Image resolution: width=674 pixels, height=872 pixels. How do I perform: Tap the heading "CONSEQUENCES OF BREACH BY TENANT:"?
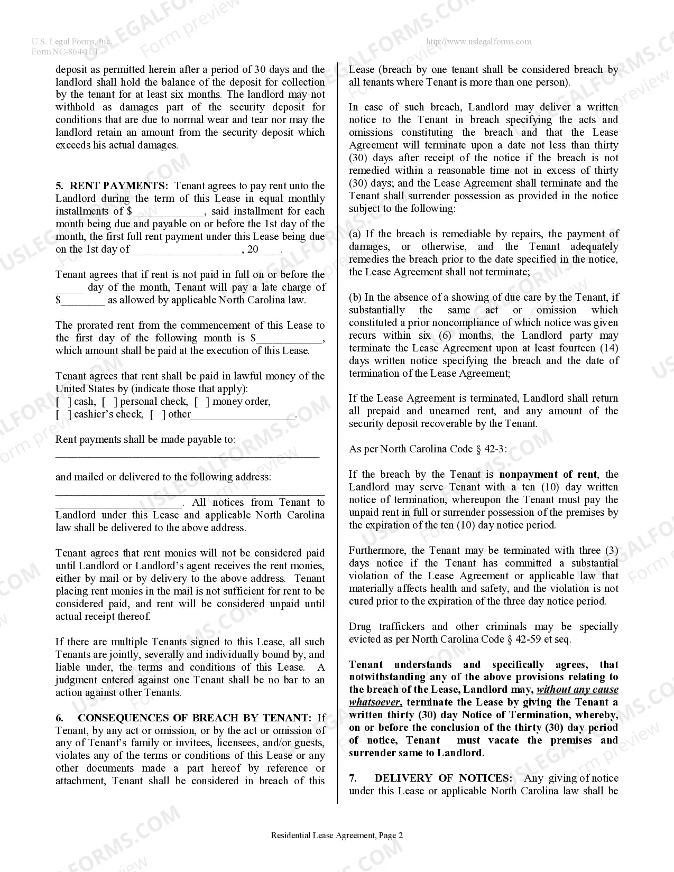pyautogui.click(x=195, y=718)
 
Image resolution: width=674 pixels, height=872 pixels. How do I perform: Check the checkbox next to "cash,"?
pyautogui.click(x=63, y=402)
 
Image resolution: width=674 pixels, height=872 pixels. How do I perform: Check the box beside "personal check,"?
pyautogui.click(x=110, y=402)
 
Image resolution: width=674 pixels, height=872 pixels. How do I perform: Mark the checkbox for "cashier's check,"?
pyautogui.click(x=63, y=414)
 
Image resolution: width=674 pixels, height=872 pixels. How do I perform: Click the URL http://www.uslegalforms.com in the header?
pyautogui.click(x=478, y=42)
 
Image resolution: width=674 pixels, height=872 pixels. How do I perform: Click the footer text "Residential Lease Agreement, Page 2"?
pyautogui.click(x=337, y=836)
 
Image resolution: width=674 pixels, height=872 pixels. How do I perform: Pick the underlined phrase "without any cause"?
pyautogui.click(x=577, y=690)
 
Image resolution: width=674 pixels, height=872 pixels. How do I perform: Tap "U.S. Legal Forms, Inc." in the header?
pyautogui.click(x=71, y=42)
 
